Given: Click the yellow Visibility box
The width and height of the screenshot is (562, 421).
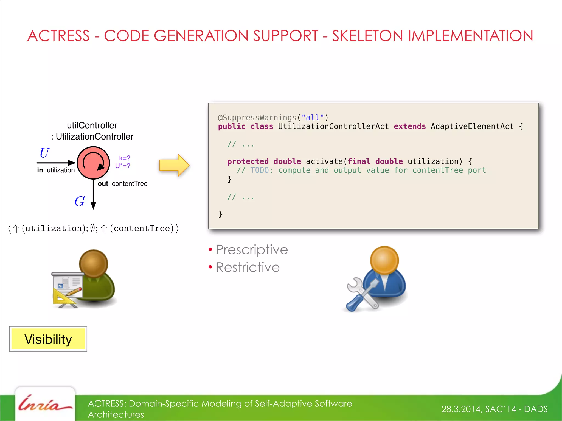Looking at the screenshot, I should (x=48, y=339).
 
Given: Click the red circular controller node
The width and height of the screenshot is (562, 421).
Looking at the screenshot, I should (x=93, y=163).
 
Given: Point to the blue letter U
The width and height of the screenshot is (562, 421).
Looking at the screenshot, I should (x=44, y=153).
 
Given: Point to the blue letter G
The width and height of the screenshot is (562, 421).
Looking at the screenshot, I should (x=80, y=201).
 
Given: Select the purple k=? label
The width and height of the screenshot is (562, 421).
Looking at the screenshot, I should (x=124, y=158).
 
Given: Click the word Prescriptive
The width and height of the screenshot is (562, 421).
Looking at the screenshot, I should (x=252, y=250).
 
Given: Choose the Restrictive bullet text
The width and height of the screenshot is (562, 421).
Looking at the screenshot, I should (x=248, y=267).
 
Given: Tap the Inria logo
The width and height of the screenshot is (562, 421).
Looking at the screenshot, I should (x=45, y=404).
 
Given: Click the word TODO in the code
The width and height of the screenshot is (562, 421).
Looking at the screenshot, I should (x=259, y=170).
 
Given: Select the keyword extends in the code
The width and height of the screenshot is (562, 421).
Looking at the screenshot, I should (x=410, y=126).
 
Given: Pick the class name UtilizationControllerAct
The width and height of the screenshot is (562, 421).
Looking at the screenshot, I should (x=333, y=126).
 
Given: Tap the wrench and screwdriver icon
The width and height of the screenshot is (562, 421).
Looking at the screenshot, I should (x=362, y=295).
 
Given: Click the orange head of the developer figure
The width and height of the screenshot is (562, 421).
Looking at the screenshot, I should (x=384, y=260).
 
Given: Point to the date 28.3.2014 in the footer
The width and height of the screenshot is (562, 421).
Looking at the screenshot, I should (x=461, y=409).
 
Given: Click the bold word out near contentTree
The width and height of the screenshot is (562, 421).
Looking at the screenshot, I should (x=103, y=184).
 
